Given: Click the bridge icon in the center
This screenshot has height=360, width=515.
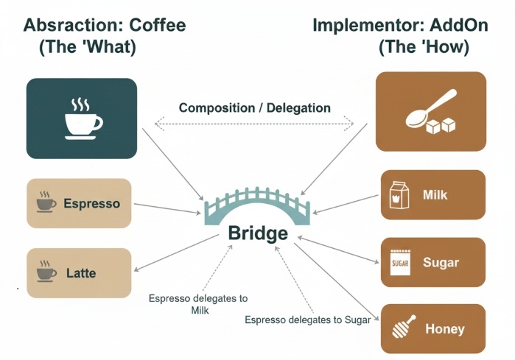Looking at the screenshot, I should pyautogui.click(x=257, y=207).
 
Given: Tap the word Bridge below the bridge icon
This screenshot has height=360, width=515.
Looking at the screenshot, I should pyautogui.click(x=258, y=234).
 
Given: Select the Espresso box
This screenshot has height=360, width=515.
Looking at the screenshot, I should pyautogui.click(x=79, y=202).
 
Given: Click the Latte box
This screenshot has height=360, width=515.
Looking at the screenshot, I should pyautogui.click(x=79, y=273).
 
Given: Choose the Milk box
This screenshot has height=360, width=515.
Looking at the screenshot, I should pyautogui.click(x=432, y=195).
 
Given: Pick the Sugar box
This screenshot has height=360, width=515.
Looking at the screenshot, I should pyautogui.click(x=432, y=262).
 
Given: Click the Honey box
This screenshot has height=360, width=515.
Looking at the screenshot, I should pyautogui.click(x=432, y=328).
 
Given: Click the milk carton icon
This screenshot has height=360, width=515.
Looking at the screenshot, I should pyautogui.click(x=399, y=195).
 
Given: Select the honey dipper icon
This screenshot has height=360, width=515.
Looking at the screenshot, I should pyautogui.click(x=400, y=328).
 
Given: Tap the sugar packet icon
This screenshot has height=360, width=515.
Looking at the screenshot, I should pyautogui.click(x=400, y=262).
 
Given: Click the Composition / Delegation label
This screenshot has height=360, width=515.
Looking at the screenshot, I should pyautogui.click(x=255, y=107).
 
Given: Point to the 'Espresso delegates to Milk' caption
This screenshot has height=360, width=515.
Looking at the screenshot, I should pyautogui.click(x=198, y=304).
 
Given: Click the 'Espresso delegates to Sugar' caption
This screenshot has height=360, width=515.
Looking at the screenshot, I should pyautogui.click(x=309, y=320).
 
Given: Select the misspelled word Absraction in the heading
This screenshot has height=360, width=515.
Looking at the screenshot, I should pyautogui.click(x=73, y=25).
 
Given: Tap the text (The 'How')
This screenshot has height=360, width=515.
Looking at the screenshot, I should pyautogui.click(x=424, y=48).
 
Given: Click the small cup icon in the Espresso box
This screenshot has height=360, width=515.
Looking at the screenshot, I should pyautogui.click(x=46, y=202).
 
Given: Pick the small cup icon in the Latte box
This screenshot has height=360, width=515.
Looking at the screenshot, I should pyautogui.click(x=46, y=273).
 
